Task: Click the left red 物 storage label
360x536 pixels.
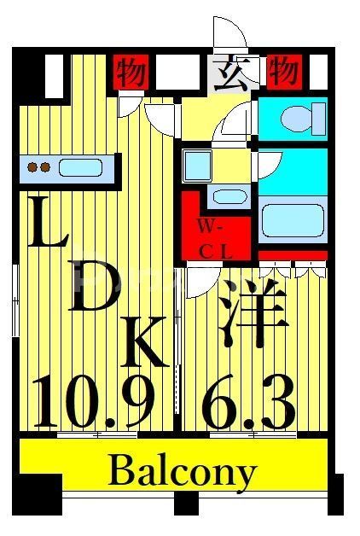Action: click(131, 71)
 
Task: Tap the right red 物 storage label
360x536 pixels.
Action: click(283, 71)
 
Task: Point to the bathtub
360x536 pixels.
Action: click(293, 218)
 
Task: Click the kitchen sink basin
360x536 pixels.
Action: click(81, 167)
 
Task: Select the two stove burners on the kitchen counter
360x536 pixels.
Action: click(38, 167)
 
